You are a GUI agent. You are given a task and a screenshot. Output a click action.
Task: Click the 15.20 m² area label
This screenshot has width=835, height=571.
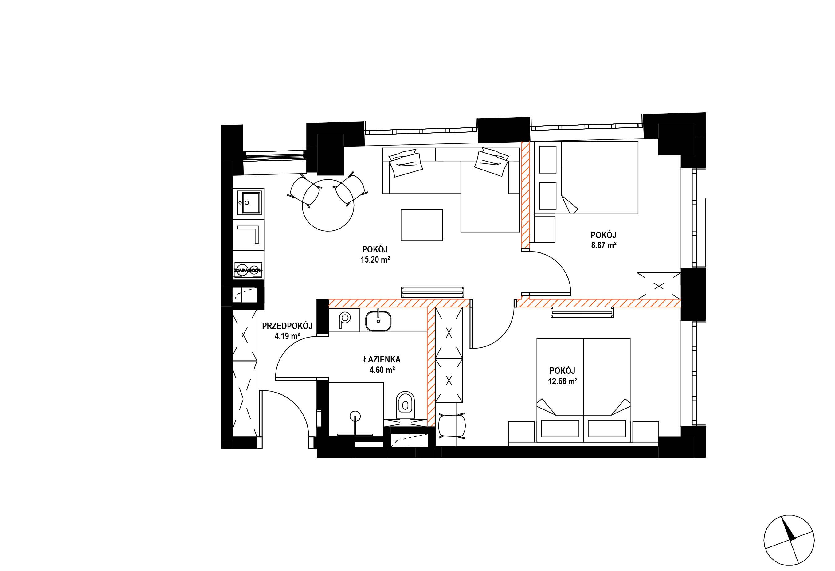[375, 260]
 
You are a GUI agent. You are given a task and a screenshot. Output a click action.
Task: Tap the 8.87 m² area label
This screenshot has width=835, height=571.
[604, 246]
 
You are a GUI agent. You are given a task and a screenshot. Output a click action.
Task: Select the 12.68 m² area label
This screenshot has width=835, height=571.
[563, 381]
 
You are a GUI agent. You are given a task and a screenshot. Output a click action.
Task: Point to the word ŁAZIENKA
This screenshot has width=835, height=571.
[382, 359]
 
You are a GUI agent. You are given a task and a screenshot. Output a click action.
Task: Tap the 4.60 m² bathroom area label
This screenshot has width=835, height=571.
[382, 370]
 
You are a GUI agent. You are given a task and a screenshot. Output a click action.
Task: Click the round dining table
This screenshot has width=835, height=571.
[328, 205]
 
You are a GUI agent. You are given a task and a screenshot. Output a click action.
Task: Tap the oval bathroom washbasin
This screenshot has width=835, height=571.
[379, 321]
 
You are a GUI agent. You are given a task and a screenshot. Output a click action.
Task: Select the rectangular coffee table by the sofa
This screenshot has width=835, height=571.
[422, 225]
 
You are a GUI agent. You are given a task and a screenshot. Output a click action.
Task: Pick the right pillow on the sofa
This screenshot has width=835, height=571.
[492, 162]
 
